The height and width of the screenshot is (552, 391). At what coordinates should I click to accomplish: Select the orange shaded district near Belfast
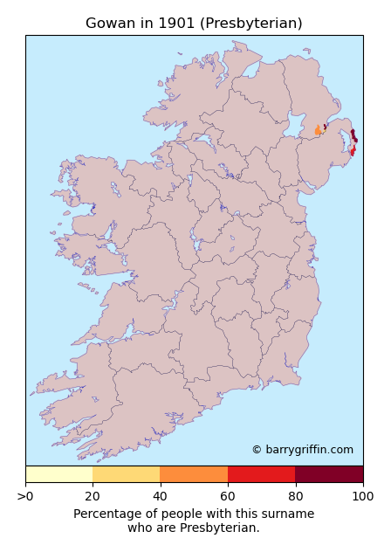318,131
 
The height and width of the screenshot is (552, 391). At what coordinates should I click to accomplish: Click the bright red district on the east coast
353,151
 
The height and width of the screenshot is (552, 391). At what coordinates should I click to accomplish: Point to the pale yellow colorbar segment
58,474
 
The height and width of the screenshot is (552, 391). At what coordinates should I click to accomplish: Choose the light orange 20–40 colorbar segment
126,474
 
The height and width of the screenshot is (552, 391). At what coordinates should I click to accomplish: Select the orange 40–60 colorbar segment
194,474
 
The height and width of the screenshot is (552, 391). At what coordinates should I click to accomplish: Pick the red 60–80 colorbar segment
261,474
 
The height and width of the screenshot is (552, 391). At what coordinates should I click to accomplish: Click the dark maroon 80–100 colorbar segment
329,474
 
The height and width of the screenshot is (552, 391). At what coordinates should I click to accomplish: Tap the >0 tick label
25,496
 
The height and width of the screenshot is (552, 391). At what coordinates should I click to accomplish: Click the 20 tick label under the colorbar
93,496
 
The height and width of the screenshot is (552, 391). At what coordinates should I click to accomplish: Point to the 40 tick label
161,496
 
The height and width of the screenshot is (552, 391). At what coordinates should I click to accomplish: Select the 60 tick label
228,496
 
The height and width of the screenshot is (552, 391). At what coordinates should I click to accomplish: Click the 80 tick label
295,496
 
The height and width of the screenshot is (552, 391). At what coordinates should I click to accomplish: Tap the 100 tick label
362,496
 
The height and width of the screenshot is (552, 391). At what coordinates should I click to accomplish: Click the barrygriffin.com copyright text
302,450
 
